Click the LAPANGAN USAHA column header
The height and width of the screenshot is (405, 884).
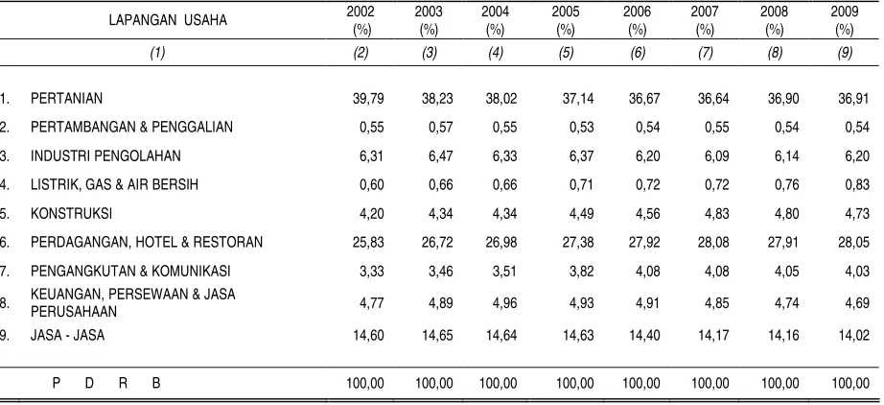tap(168, 20)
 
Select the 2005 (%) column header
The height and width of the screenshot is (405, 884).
tap(566, 20)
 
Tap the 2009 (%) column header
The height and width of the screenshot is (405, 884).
tap(845, 20)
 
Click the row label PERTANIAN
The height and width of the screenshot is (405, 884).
tap(66, 99)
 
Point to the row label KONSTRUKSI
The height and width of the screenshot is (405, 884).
tap(71, 214)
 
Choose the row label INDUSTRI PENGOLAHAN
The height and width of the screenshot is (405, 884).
tap(105, 156)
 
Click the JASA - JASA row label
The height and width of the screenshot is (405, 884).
tap(68, 335)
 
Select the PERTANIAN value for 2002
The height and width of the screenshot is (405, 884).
tap(369, 99)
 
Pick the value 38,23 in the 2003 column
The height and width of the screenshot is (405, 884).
tap(437, 99)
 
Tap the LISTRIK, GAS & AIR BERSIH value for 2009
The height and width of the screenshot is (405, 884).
tap(857, 185)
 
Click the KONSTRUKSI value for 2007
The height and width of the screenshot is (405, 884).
tap(716, 214)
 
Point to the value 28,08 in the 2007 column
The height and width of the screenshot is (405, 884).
tap(713, 243)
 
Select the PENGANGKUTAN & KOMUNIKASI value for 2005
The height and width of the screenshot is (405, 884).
tap(581, 272)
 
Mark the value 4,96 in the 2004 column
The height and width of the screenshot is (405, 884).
tap(504, 303)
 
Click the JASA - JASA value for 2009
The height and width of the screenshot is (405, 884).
tap(853, 335)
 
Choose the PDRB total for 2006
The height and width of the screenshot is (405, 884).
tap(641, 384)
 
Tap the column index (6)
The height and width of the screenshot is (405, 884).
tap(637, 53)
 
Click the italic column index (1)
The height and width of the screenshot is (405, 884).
tap(157, 53)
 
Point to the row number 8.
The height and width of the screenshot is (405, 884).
tap(5, 303)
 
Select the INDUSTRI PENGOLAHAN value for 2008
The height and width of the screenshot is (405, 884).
tap(786, 156)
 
